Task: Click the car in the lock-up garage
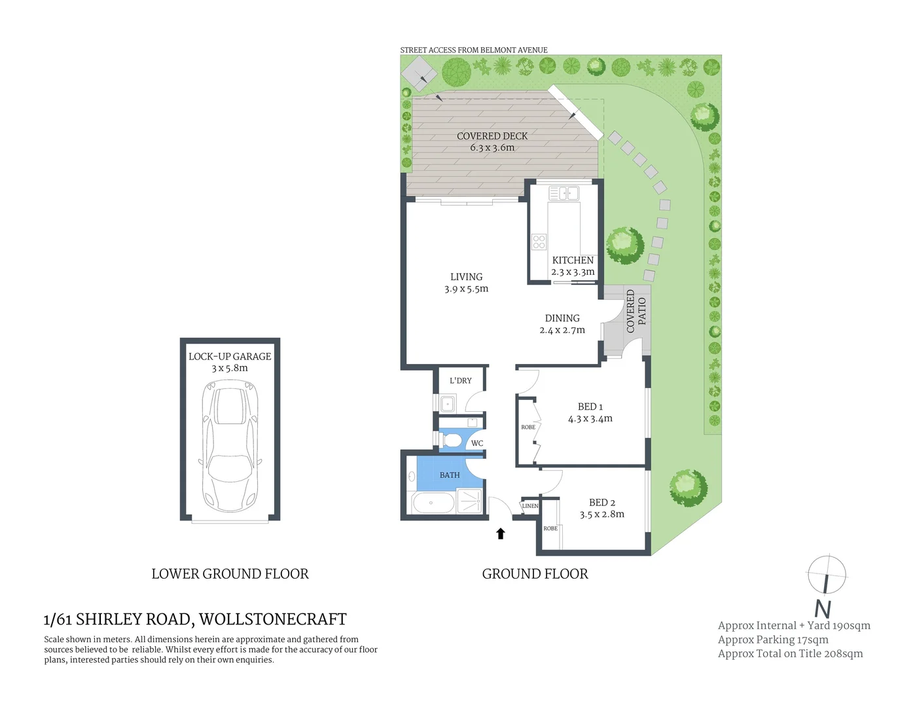click(230, 449)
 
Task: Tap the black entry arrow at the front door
click(501, 534)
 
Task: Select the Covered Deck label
click(492, 136)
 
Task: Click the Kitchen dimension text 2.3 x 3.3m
click(573, 272)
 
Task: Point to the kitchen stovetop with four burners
click(539, 242)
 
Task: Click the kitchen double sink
click(564, 193)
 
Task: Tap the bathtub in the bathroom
click(432, 503)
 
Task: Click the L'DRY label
click(461, 381)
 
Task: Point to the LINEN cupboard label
click(530, 506)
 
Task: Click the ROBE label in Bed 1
click(528, 427)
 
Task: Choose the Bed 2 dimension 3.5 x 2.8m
click(601, 515)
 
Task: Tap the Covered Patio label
click(636, 312)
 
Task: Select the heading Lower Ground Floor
click(230, 574)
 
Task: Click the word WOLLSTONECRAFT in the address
click(273, 619)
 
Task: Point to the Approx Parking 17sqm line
click(773, 640)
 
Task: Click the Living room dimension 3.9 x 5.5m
click(466, 289)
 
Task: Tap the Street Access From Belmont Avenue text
click(474, 50)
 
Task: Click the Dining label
click(562, 318)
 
